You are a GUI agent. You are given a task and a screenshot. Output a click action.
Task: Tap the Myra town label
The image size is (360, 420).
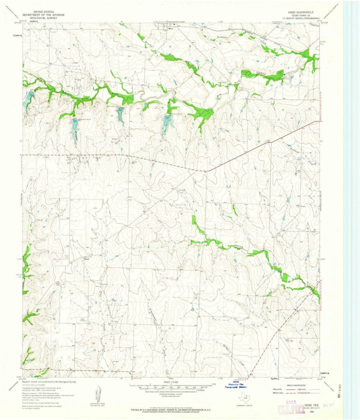[x=172, y=29]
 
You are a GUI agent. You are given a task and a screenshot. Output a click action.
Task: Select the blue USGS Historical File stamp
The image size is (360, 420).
[x=236, y=384]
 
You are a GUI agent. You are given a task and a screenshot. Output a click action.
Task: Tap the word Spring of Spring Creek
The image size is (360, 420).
[x=238, y=247]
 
